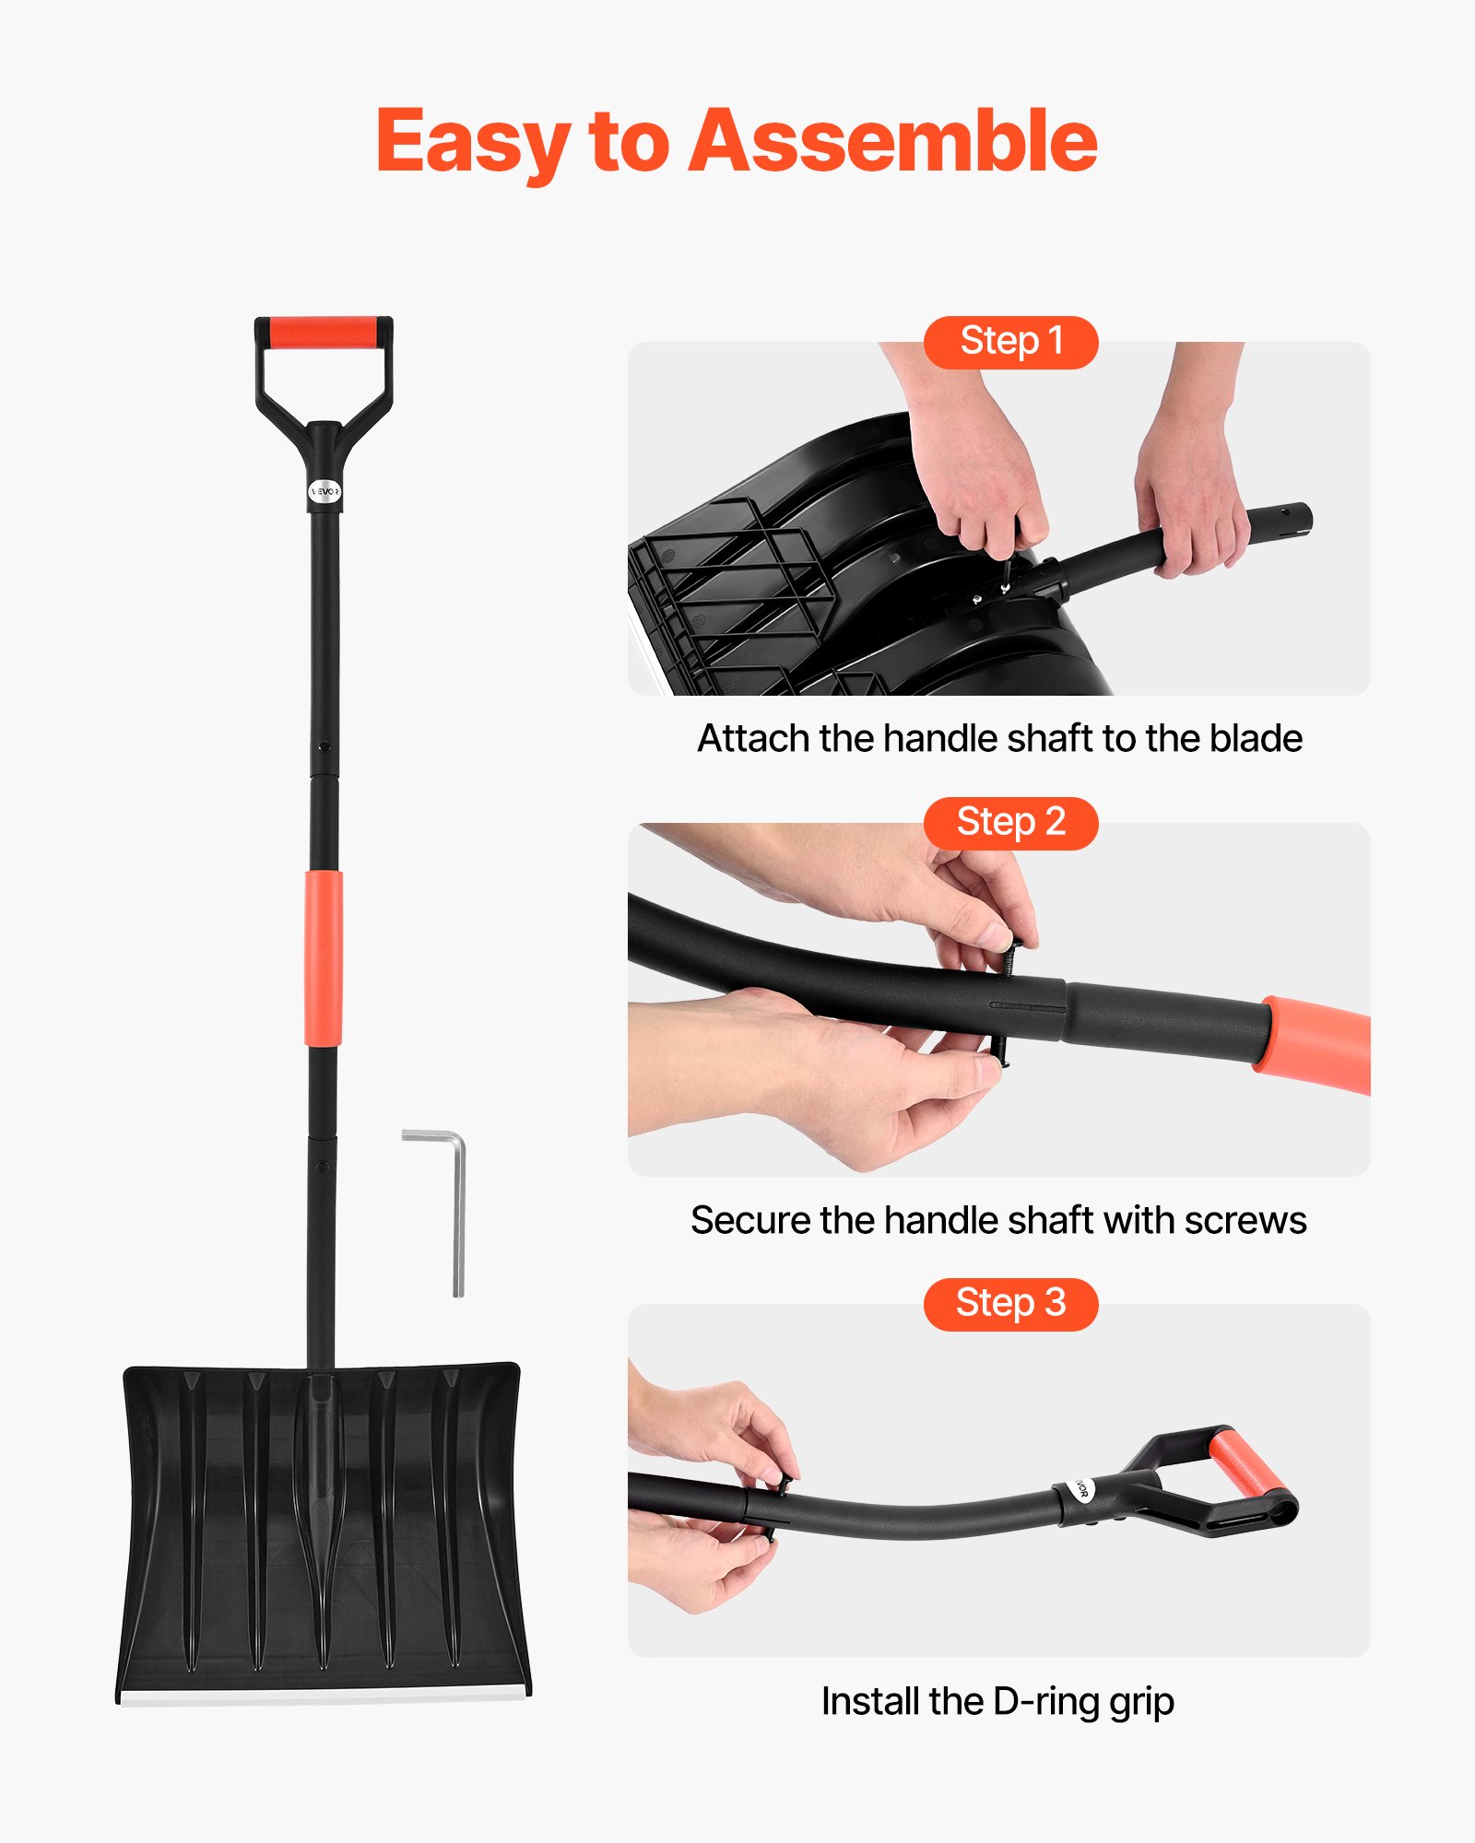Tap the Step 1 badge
click(x=1010, y=342)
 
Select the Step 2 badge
click(x=1010, y=823)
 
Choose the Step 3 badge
click(x=1010, y=1304)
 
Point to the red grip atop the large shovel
click(x=323, y=333)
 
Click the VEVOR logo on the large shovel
click(x=324, y=492)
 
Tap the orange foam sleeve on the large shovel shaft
click(x=323, y=958)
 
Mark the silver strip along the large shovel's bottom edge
click(x=323, y=1696)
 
